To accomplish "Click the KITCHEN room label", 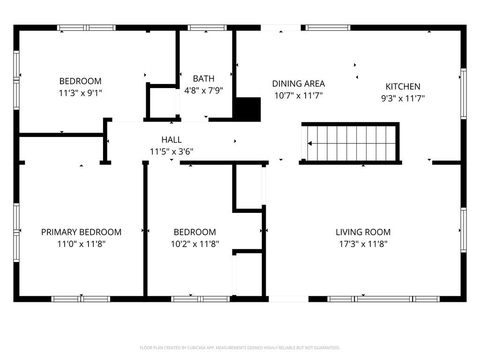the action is [x=403, y=86].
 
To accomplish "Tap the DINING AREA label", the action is [x=299, y=83].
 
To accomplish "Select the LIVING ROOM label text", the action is [x=363, y=232].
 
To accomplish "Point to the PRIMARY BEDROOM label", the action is [x=81, y=232].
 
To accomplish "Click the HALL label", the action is [x=172, y=140].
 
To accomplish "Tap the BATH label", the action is [x=203, y=79].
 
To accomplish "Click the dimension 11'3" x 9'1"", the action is [x=80, y=93].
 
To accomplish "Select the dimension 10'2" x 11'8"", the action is [x=195, y=244].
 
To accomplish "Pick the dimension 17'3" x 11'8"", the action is [x=363, y=244].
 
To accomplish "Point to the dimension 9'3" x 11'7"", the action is [x=403, y=98].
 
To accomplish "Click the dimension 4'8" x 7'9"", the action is [x=203, y=90].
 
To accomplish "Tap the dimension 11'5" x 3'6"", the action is [x=172, y=151].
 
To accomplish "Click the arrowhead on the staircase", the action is [x=310, y=143].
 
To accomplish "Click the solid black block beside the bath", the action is [x=248, y=109].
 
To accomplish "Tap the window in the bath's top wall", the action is [x=207, y=28].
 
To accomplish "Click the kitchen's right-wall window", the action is [x=464, y=94].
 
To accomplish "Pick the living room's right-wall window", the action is [x=464, y=230].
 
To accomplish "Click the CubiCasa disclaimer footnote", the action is [x=240, y=348].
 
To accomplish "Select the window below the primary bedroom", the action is [x=81, y=299].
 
